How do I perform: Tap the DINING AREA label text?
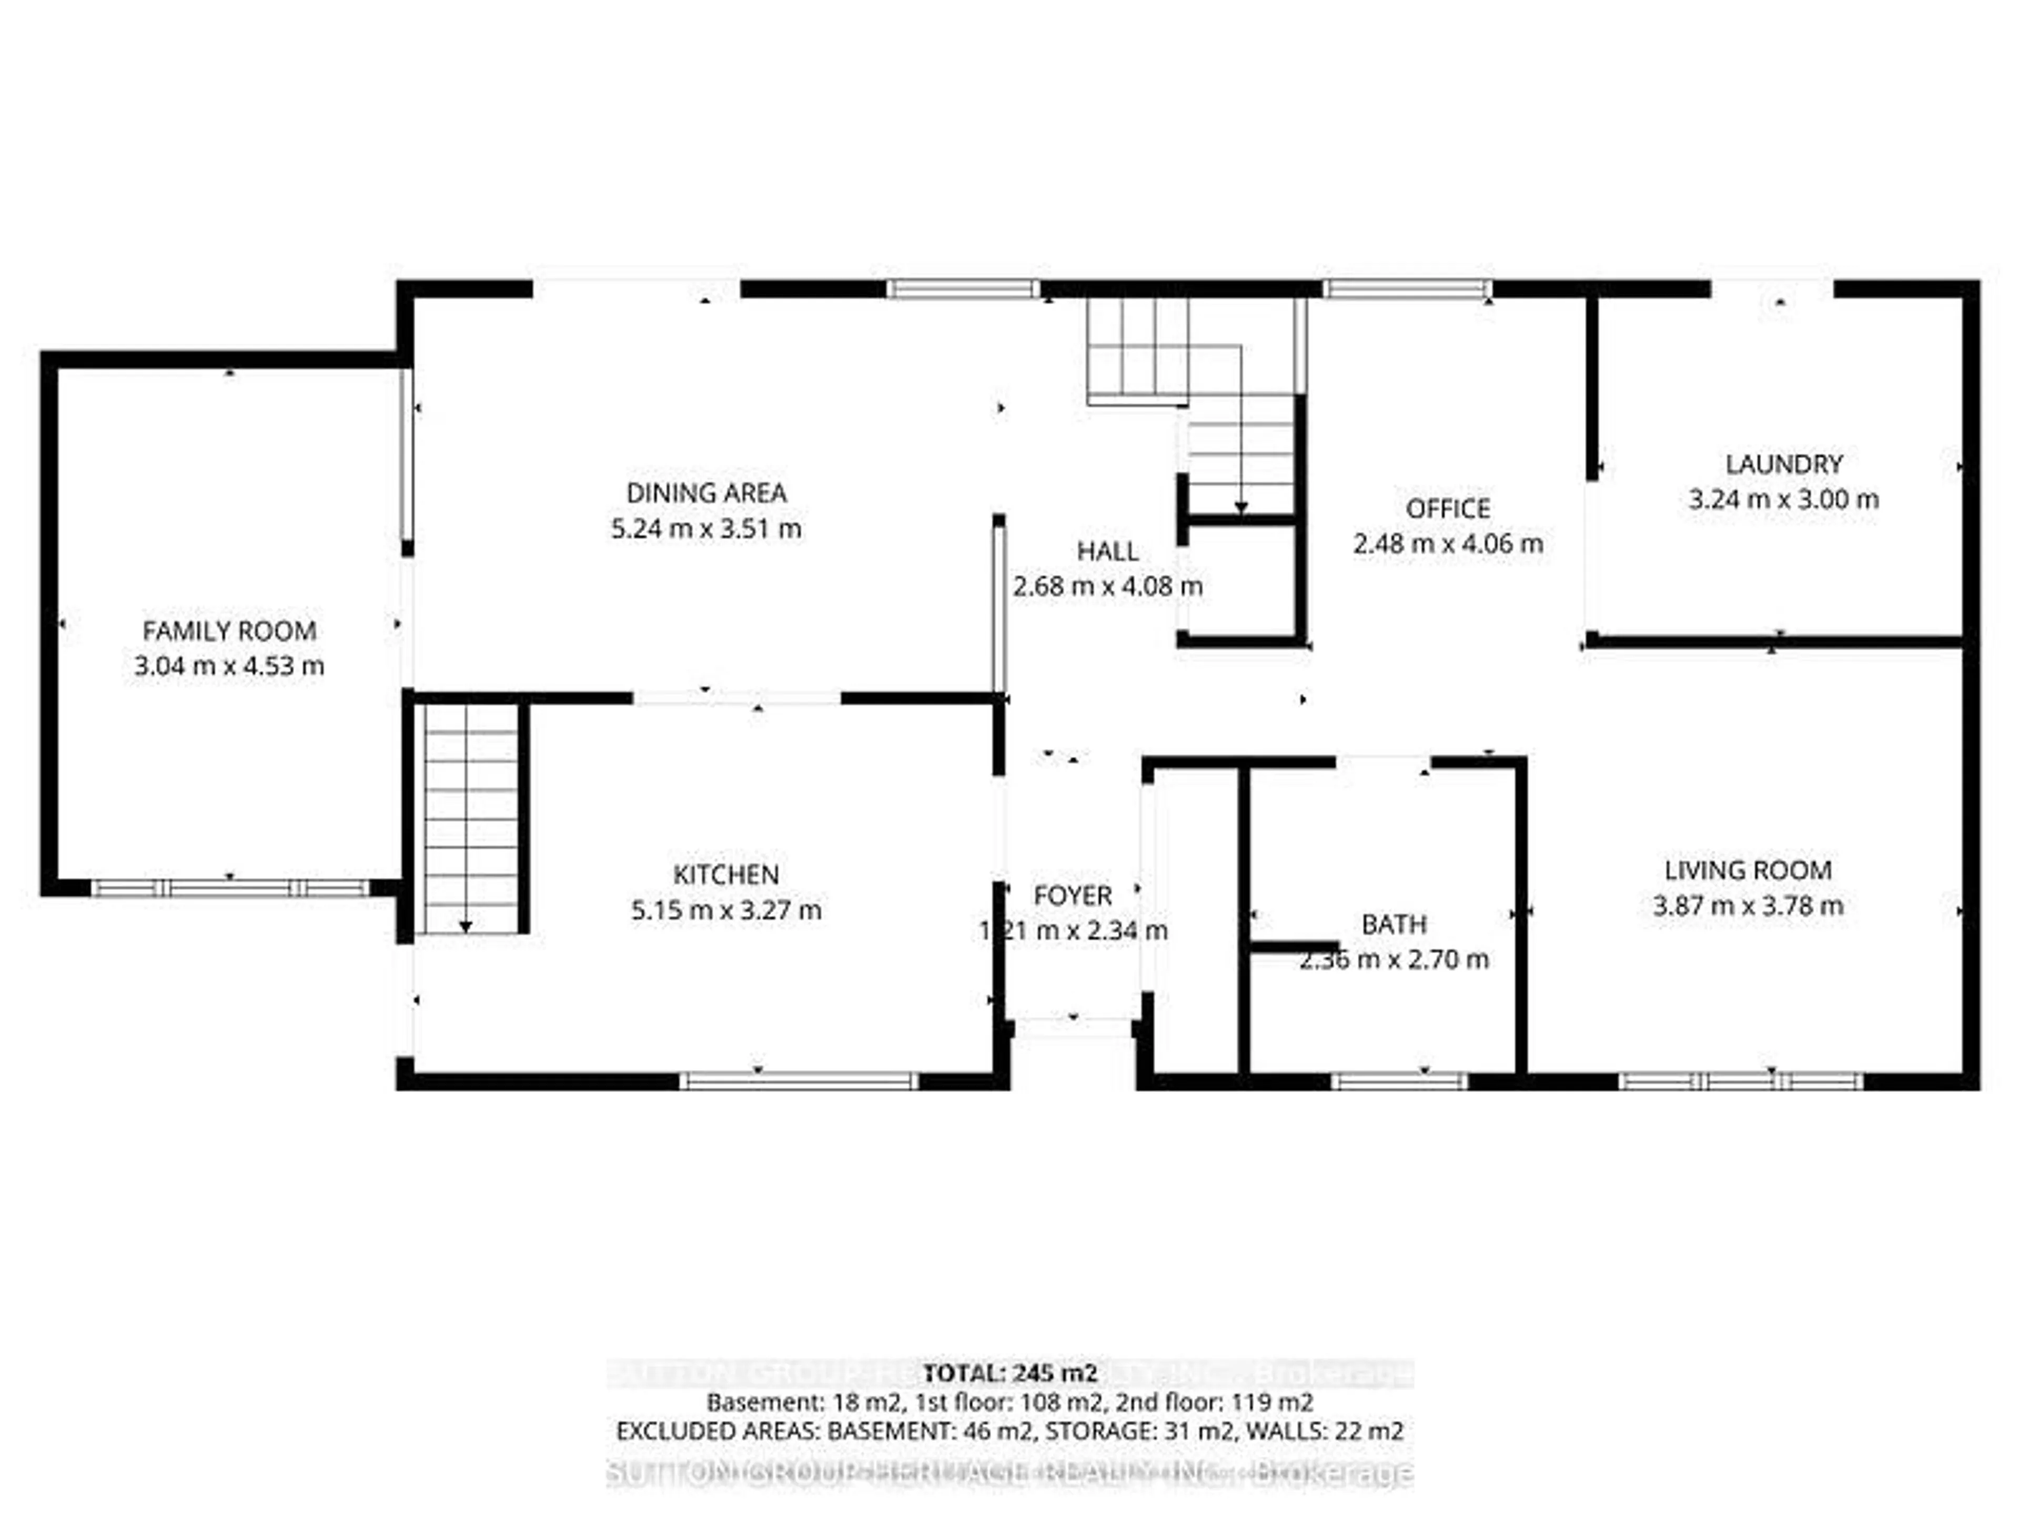706,493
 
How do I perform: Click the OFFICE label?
1448,509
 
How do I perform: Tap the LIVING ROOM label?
1748,870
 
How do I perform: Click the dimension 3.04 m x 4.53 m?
229,666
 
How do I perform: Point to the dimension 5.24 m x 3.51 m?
706,529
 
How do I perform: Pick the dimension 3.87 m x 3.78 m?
1748,906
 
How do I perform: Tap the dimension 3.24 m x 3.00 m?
1783,500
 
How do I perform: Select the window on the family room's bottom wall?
230,887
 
